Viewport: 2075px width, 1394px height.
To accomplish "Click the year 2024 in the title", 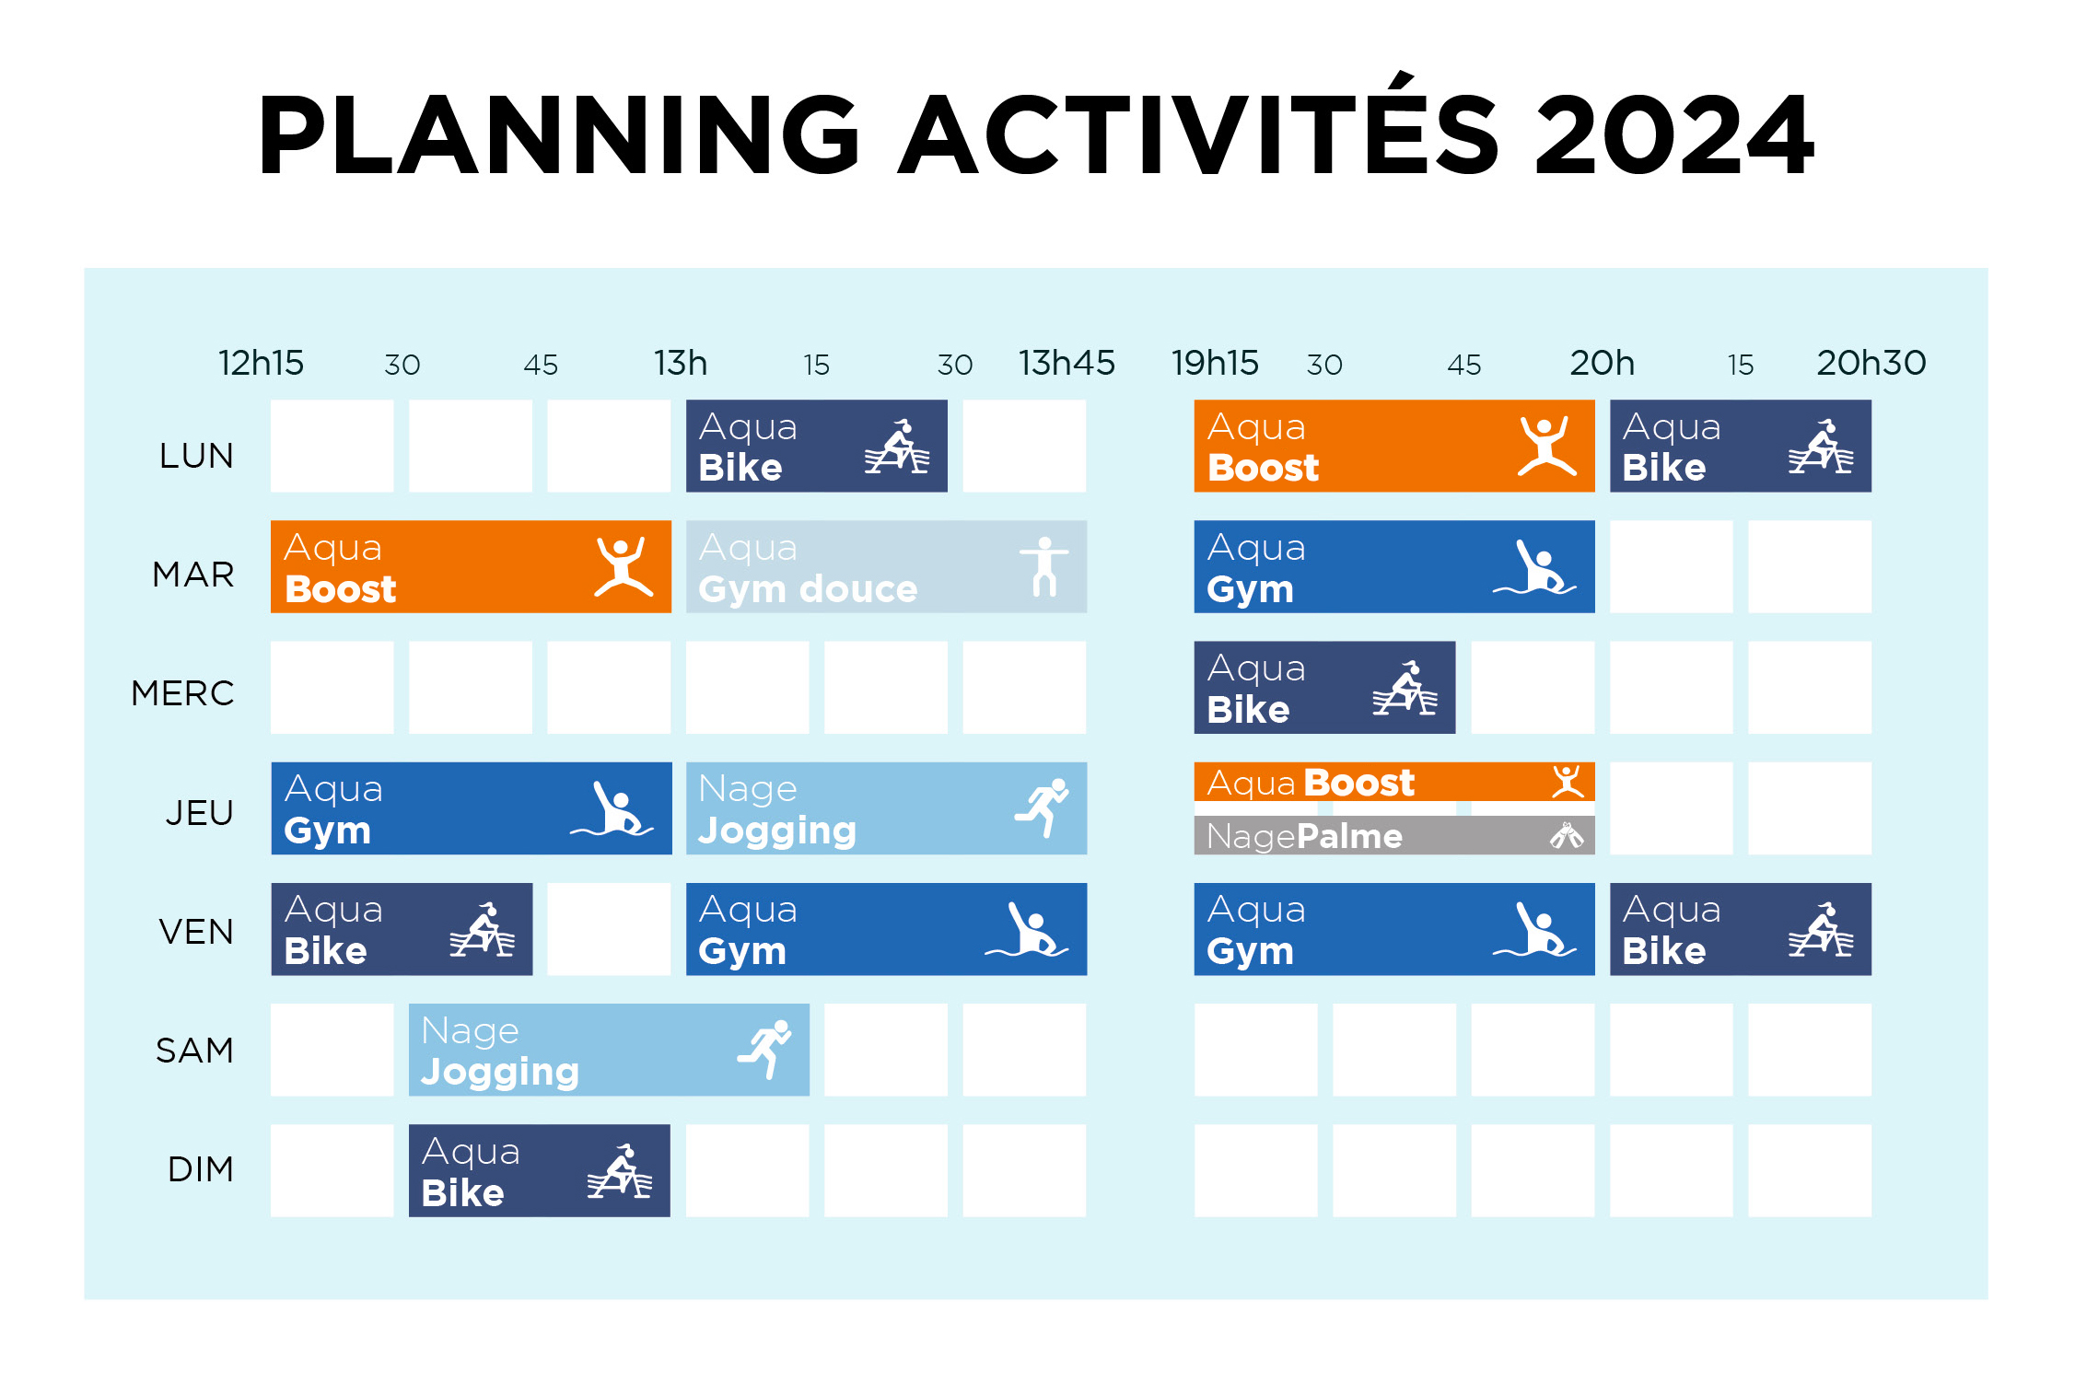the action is click(1674, 134).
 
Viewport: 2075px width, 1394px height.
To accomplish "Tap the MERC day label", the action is click(182, 693).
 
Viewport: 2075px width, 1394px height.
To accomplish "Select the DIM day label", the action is click(201, 1169).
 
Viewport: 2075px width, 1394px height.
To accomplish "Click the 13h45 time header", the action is click(1067, 363).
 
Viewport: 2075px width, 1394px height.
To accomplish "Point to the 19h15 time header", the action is click(1215, 363).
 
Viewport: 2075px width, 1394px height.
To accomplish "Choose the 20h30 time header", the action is click(1871, 363).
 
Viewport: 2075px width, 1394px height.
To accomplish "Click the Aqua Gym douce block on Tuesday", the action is click(886, 567).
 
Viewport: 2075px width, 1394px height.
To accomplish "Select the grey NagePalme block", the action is click(1394, 835).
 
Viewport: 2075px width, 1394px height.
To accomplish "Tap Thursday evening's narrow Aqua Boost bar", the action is click(1394, 782).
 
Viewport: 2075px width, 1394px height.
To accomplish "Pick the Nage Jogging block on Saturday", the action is click(609, 1050).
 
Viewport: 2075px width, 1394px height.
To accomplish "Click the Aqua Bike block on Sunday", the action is click(540, 1170).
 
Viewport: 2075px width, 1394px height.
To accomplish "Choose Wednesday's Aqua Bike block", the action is click(1324, 688).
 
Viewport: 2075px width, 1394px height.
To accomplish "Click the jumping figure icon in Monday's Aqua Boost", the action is click(1546, 446).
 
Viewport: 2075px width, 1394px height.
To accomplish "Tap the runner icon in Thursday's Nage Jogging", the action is click(1042, 807).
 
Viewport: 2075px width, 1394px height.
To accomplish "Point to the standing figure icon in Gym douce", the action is click(1044, 566).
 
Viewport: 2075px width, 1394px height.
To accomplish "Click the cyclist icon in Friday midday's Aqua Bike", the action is click(482, 929).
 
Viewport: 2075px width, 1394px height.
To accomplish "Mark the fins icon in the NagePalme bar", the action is click(1567, 835).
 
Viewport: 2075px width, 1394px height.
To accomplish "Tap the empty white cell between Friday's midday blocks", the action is click(609, 929).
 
